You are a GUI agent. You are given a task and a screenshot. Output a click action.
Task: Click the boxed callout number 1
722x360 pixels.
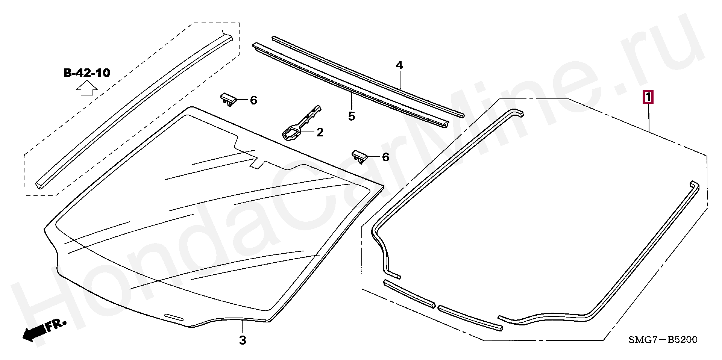[x=648, y=97]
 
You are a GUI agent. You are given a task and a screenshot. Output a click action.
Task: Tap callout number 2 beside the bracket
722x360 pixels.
[x=320, y=132]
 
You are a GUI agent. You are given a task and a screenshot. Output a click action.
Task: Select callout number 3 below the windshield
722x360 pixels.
[x=243, y=340]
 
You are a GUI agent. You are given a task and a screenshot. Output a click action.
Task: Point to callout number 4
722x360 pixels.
[x=399, y=65]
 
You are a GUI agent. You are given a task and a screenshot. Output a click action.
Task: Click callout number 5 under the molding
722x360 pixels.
[x=351, y=116]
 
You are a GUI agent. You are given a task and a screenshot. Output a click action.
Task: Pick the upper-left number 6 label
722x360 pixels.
[x=253, y=100]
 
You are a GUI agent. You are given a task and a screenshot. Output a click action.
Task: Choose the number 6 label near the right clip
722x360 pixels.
[x=385, y=157]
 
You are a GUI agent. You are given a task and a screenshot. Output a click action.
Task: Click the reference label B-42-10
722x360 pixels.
[x=86, y=73]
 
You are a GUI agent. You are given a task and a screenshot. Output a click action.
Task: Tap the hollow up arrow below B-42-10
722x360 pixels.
[x=87, y=90]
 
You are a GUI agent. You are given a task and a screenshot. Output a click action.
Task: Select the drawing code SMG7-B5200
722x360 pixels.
[x=663, y=340]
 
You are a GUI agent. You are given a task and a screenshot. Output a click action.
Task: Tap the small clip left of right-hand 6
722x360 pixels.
[x=360, y=156]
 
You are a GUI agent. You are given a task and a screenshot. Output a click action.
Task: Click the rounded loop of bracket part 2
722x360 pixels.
[x=290, y=133]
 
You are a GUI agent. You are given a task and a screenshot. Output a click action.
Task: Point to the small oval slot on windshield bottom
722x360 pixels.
[x=174, y=317]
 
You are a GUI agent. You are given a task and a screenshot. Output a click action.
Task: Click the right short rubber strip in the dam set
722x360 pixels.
[x=470, y=318]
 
